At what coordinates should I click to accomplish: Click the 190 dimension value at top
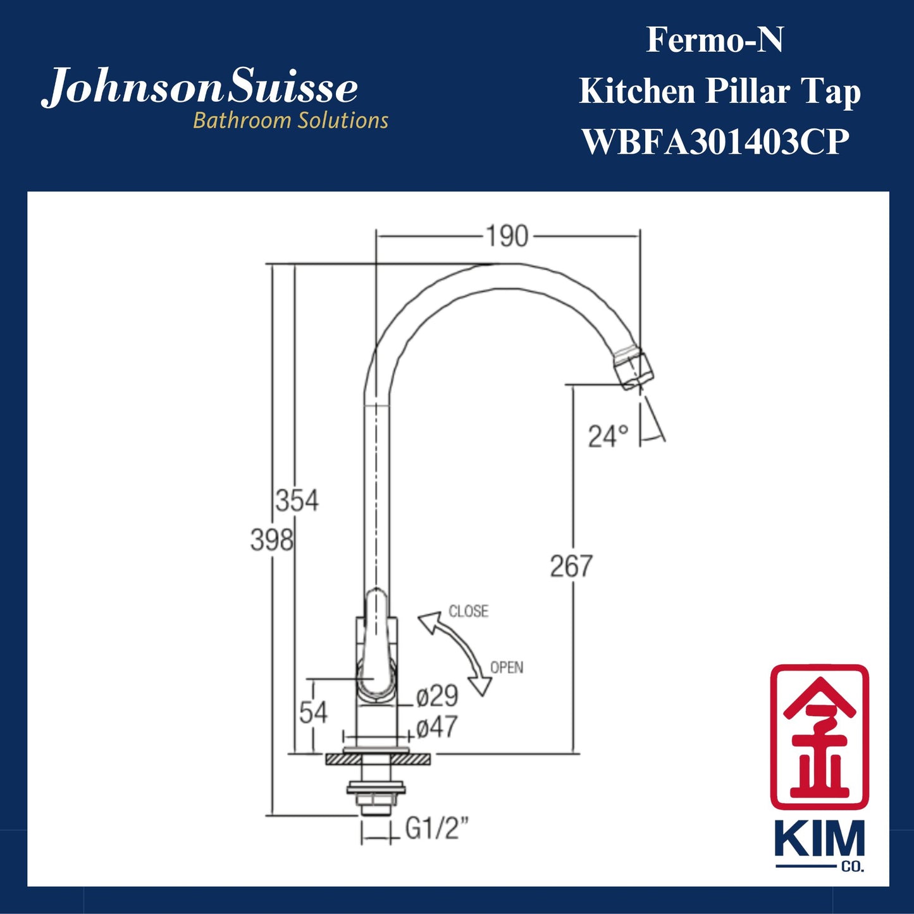coord(507,237)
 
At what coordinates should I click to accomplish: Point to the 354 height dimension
coord(297,501)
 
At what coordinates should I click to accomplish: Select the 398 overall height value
coord(271,540)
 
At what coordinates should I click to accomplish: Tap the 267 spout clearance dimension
coord(571,566)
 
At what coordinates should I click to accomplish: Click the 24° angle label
coord(608,436)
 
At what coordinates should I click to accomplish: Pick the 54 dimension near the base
coord(313,713)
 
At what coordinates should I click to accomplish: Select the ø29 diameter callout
coord(437,696)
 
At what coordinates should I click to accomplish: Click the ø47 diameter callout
coord(437,727)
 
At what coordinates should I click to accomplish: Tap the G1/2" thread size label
coord(437,828)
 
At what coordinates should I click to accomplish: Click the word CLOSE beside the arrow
coord(469,611)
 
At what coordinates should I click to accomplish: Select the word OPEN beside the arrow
coord(507,667)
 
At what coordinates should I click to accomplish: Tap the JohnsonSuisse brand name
coord(200,89)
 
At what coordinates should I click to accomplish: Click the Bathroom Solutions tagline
coord(290,120)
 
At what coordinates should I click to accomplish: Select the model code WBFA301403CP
coord(715,142)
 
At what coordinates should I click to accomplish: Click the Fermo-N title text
coord(714,40)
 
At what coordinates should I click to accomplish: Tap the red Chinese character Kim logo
coord(819,736)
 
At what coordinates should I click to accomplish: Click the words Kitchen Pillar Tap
coord(720,91)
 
